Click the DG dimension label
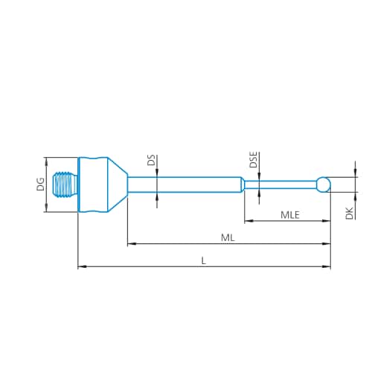tap(41, 185)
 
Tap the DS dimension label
tap(151, 160)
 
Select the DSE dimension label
tap(253, 160)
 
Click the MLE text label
tap(290, 214)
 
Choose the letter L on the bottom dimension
tap(203, 260)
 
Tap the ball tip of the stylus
tap(323, 184)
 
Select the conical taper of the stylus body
tap(116, 185)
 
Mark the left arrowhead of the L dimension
tap(81, 266)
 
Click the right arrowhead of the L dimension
tap(327, 266)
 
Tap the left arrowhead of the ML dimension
tap(131, 243)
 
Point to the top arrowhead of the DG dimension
tap(46, 160)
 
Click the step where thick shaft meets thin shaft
tap(243, 184)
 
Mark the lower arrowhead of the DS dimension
tap(157, 196)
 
